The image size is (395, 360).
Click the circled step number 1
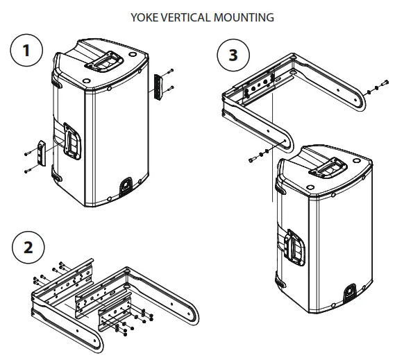click(x=26, y=52)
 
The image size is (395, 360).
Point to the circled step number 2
click(x=28, y=247)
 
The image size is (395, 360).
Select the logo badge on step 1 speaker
click(x=125, y=184)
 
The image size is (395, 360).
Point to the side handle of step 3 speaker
click(x=294, y=248)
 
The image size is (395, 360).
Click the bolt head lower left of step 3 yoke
click(x=249, y=160)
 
